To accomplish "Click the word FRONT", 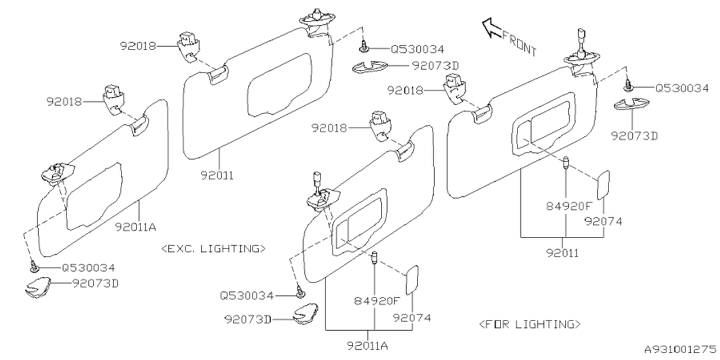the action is pyautogui.click(x=519, y=43).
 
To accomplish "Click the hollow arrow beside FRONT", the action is pyautogui.click(x=491, y=28).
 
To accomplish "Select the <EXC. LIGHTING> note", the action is pyautogui.click(x=213, y=249).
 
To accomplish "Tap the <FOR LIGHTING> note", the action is pyautogui.click(x=530, y=324).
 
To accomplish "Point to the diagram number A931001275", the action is pyautogui.click(x=681, y=349).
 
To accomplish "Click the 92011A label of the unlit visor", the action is pyautogui.click(x=136, y=227).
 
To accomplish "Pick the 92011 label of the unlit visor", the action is pyautogui.click(x=217, y=175).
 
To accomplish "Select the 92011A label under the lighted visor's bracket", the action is pyautogui.click(x=367, y=345).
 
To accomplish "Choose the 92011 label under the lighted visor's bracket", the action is pyautogui.click(x=562, y=253).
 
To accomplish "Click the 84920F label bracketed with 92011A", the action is pyautogui.click(x=377, y=301).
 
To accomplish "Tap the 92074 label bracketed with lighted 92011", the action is pyautogui.click(x=604, y=221).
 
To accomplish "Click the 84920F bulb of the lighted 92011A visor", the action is pyautogui.click(x=374, y=258).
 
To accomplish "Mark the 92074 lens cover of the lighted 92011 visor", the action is pyautogui.click(x=603, y=185).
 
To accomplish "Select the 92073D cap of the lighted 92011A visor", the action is pyautogui.click(x=305, y=313).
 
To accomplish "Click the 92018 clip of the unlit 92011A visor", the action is pyautogui.click(x=114, y=100).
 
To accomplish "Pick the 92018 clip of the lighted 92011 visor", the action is pyautogui.click(x=454, y=88).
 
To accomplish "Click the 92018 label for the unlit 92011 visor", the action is pyautogui.click(x=138, y=46).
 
